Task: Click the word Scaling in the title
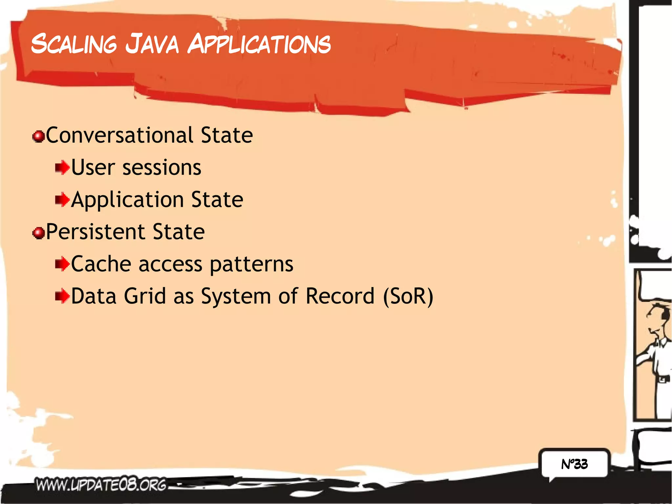(x=74, y=44)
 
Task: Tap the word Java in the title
(x=152, y=44)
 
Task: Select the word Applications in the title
(x=259, y=44)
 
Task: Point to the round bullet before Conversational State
(x=39, y=136)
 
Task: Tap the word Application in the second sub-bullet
(x=127, y=199)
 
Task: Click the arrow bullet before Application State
(x=62, y=199)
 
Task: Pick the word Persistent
(x=95, y=232)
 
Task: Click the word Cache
(x=101, y=264)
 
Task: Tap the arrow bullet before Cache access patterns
(x=62, y=264)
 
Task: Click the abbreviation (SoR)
(x=408, y=296)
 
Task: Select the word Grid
(x=145, y=296)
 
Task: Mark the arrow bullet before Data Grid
(x=62, y=296)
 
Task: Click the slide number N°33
(x=574, y=464)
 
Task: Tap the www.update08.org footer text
(x=101, y=485)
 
